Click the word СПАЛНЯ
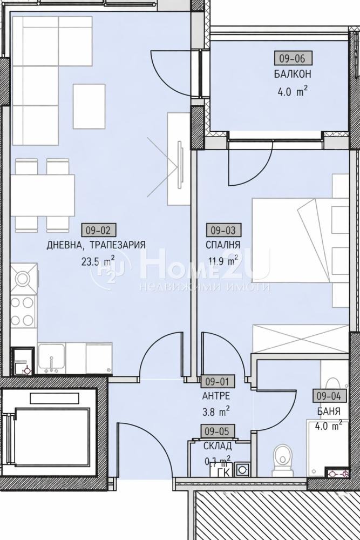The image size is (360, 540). pos(223,245)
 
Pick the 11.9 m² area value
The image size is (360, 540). pos(222,260)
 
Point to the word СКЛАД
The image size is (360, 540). pos(218,446)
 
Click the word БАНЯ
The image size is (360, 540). pos(329,411)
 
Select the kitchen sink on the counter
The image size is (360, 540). pos(52,357)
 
